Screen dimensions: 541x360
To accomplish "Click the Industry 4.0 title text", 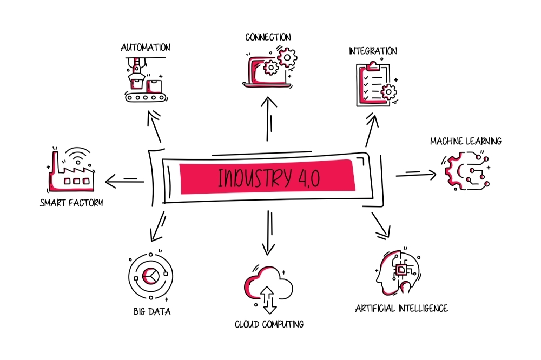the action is pyautogui.click(x=269, y=177).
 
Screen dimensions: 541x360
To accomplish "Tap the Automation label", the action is pyautogui.click(x=146, y=47).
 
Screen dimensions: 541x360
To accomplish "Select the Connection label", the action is pyautogui.click(x=268, y=37).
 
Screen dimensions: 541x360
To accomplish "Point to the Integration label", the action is pyautogui.click(x=373, y=51).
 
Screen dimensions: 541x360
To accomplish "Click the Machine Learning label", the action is pyautogui.click(x=466, y=141).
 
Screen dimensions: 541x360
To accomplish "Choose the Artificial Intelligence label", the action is pyautogui.click(x=401, y=308).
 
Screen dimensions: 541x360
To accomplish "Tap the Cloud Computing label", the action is pyautogui.click(x=269, y=324).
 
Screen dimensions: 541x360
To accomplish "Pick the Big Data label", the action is pyautogui.click(x=152, y=311).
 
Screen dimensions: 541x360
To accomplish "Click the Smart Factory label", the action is pyautogui.click(x=71, y=202).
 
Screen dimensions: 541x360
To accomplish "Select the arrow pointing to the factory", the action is pyautogui.click(x=124, y=181).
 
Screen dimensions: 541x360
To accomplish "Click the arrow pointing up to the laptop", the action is pyautogui.click(x=268, y=119).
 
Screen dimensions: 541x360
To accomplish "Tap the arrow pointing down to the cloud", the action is pyautogui.click(x=269, y=233).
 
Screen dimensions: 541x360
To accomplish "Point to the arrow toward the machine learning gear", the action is pyautogui.click(x=416, y=175).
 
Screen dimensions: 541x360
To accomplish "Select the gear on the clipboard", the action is pyautogui.click(x=389, y=92).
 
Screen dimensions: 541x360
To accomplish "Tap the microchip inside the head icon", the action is pyautogui.click(x=401, y=269).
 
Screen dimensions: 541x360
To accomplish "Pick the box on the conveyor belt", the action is pyautogui.click(x=154, y=86).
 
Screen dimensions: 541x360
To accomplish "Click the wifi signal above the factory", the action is pyautogui.click(x=78, y=156).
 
